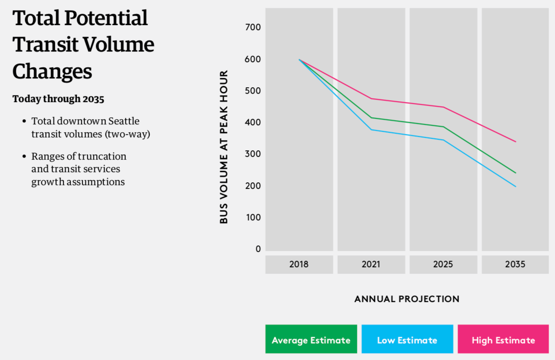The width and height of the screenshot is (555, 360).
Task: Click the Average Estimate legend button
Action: pos(311,340)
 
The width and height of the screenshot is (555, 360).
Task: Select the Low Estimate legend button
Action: pos(407,340)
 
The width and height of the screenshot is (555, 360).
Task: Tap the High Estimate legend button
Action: pos(503,340)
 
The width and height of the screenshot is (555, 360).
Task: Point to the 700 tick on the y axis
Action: pos(252,27)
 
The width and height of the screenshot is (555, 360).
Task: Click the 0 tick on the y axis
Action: pos(258,249)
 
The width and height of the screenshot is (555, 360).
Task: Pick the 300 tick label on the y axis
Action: pos(252,154)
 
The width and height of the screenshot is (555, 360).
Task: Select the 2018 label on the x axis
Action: pos(299,264)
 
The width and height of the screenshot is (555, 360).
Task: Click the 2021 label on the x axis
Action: pos(371,264)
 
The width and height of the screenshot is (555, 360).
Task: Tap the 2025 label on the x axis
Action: pos(443,264)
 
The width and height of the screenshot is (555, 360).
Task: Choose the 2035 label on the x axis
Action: pos(515,264)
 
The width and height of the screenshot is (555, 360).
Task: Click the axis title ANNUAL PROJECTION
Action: pos(407,299)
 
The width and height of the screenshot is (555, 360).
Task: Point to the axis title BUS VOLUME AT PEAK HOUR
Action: pos(224,147)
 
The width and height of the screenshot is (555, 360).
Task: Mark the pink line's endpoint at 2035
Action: pos(516,141)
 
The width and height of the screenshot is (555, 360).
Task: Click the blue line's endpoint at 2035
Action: pos(516,186)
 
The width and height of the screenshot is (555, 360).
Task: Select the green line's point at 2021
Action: pos(371,117)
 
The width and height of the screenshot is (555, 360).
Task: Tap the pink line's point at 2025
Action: pos(444,107)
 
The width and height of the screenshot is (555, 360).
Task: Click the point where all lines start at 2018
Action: pos(299,59)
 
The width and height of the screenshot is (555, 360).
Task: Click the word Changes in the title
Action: pos(52,71)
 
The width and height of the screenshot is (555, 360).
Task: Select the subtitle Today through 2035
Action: pos(58,99)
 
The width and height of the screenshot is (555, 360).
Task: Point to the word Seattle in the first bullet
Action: pos(124,121)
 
